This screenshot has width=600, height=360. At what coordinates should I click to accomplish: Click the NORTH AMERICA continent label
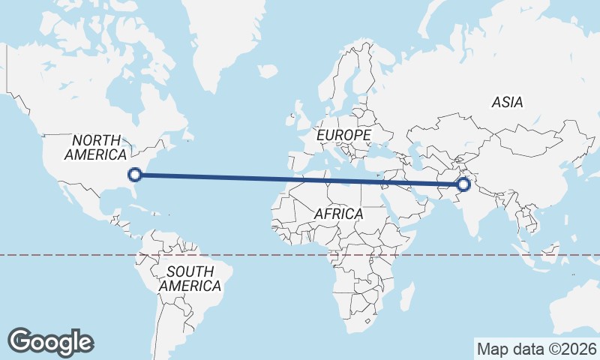[x=95, y=147]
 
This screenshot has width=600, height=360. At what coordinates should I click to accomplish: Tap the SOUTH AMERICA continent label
[x=190, y=278]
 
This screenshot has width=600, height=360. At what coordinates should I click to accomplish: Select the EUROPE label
[x=343, y=135]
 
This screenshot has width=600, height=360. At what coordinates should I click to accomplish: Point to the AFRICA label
[x=338, y=214]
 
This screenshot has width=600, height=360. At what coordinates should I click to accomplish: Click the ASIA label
[x=508, y=103]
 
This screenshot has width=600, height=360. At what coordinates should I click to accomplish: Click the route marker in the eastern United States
[x=135, y=175]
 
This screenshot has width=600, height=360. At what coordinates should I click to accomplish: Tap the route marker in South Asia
[x=464, y=184]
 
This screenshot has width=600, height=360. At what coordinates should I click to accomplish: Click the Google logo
[x=50, y=341]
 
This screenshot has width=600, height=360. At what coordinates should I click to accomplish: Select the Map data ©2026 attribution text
[x=536, y=349]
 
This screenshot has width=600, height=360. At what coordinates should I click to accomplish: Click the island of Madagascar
[x=409, y=295]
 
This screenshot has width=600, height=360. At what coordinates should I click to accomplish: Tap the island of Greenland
[x=225, y=37]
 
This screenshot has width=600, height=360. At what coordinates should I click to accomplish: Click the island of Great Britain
[x=298, y=120]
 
